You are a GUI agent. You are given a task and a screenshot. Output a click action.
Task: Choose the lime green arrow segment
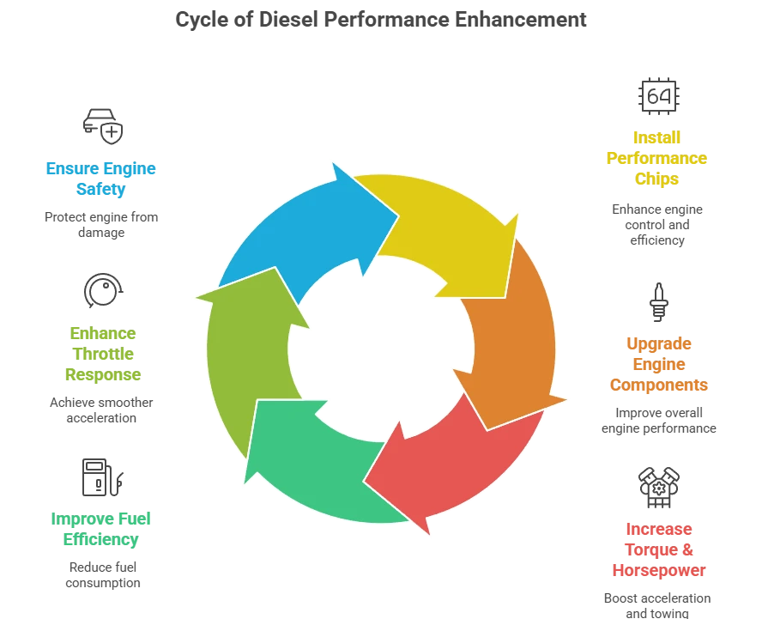click(x=249, y=343)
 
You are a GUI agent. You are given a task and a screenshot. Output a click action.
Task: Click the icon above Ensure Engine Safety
click(x=101, y=123)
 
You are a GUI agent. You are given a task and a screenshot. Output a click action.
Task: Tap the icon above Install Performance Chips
click(x=658, y=95)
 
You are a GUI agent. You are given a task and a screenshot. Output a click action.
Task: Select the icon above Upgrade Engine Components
click(x=658, y=302)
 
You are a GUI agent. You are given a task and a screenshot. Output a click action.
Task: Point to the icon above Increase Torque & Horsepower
click(x=658, y=486)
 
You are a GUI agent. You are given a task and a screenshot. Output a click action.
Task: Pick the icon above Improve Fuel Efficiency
click(x=101, y=476)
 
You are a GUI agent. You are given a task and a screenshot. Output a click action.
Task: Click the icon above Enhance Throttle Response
click(x=101, y=288)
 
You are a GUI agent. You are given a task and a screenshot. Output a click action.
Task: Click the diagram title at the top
click(x=381, y=16)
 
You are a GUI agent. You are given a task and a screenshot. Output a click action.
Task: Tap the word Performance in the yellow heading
click(x=656, y=158)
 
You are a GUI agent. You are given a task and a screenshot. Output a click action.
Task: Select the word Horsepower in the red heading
click(x=658, y=569)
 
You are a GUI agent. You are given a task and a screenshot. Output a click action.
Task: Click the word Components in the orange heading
click(x=658, y=384)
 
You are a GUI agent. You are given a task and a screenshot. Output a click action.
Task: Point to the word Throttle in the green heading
click(x=102, y=354)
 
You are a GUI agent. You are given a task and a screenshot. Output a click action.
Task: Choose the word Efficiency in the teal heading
click(x=100, y=539)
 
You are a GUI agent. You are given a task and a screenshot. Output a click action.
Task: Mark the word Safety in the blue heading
click(x=100, y=189)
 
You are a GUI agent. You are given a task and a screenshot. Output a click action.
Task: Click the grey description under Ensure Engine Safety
click(x=100, y=225)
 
